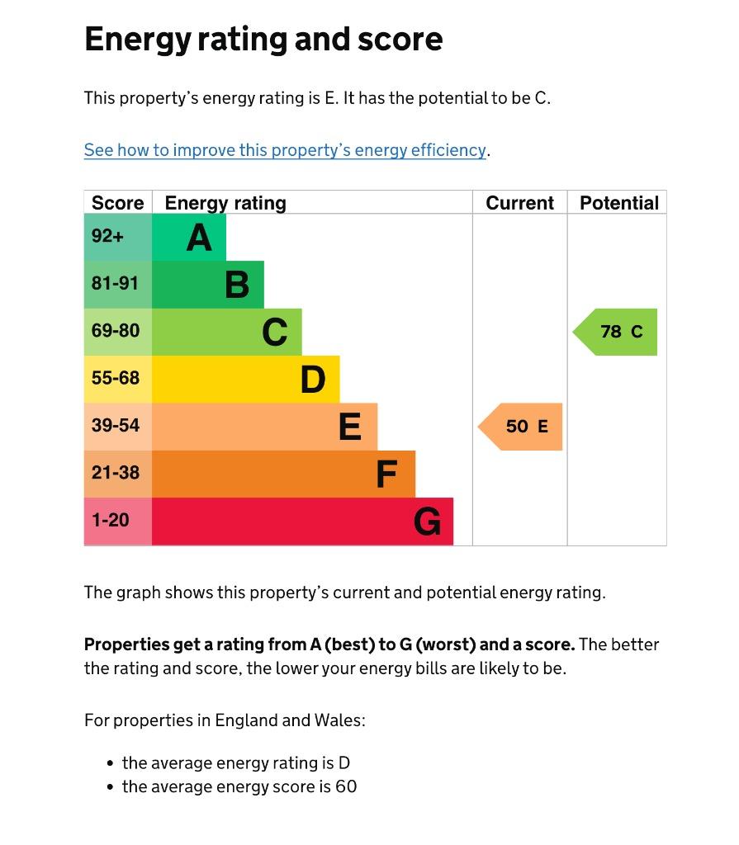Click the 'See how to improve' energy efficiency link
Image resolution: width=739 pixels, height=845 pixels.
[285, 150]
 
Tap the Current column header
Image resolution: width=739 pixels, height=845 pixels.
[519, 203]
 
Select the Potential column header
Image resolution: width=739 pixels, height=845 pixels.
[618, 203]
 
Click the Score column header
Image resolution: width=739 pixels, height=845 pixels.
[117, 203]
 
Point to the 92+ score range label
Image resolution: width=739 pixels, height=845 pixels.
[107, 235]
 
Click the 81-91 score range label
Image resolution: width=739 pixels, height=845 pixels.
[115, 283]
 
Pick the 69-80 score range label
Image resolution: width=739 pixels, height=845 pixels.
[116, 330]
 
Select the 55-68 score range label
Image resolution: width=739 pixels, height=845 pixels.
[116, 378]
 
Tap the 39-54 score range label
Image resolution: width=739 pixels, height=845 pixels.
[116, 425]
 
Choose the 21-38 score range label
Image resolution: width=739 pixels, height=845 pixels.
[116, 473]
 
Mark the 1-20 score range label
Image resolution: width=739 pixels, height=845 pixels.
[111, 520]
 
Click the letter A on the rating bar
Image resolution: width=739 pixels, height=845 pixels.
[199, 238]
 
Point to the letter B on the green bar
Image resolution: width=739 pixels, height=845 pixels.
[237, 285]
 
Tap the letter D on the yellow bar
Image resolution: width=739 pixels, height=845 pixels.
[313, 380]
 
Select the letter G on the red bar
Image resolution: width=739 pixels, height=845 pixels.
[427, 522]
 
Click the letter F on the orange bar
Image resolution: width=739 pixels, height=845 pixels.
[386, 474]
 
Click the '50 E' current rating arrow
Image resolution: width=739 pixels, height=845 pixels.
[520, 427]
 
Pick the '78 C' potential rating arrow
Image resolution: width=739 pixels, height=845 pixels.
[615, 332]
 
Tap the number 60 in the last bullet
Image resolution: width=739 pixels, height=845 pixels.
[346, 786]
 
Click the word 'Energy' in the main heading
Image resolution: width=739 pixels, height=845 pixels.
[138, 40]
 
